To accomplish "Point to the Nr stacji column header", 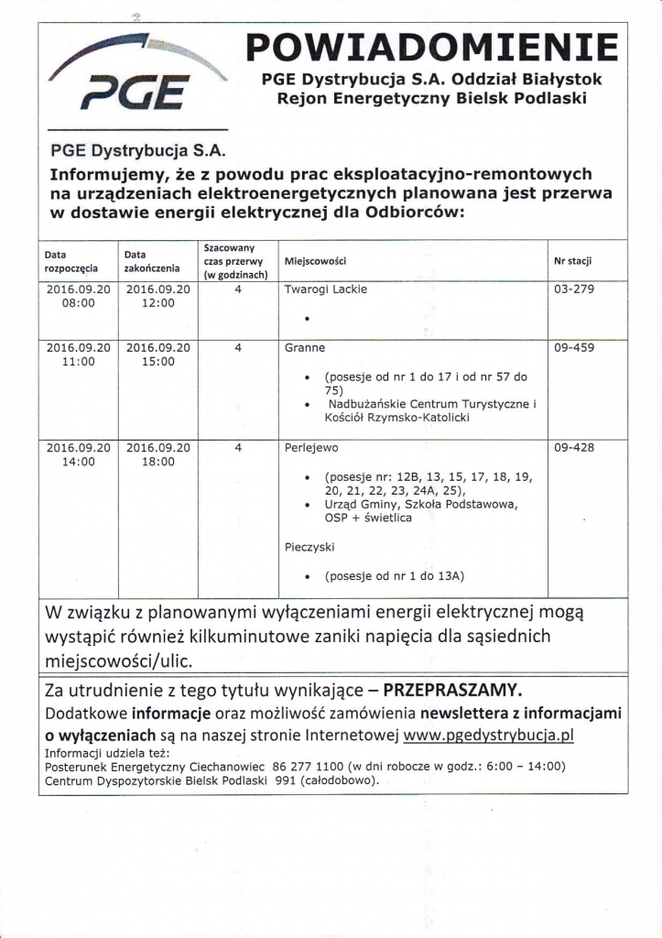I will coord(573,262).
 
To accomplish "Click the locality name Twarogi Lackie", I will coord(326,289).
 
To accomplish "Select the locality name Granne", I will coord(305,348).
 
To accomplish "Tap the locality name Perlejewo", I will coord(311,448).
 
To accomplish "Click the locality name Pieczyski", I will coord(309,546).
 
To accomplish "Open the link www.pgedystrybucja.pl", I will coord(495,735).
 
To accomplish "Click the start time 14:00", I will coord(78,463).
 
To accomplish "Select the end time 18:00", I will coord(157,463).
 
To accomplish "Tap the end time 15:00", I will coord(157,363).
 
